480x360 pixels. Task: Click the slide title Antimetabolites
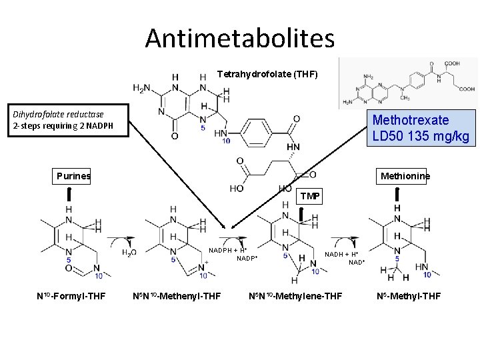pyautogui.click(x=240, y=38)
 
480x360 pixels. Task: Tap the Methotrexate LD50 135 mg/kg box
pyautogui.click(x=420, y=128)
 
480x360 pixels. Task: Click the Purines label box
pyautogui.click(x=73, y=176)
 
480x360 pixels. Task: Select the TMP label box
pyautogui.click(x=309, y=196)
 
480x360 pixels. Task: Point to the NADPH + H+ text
pyautogui.click(x=227, y=250)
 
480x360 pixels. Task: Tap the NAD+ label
pyautogui.click(x=357, y=262)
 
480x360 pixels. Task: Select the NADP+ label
pyautogui.click(x=247, y=258)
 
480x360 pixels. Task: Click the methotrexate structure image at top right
pyautogui.click(x=407, y=83)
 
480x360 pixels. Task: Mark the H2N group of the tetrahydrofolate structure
pyautogui.click(x=141, y=88)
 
